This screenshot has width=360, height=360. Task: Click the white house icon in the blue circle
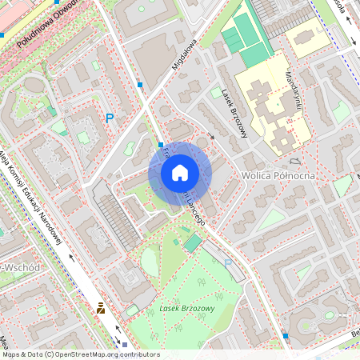point(180,173)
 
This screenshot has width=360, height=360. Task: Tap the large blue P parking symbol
point(110,118)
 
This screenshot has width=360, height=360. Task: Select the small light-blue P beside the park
point(227,262)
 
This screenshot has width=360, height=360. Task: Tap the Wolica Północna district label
point(277,175)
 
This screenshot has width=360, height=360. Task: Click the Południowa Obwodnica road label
point(48,24)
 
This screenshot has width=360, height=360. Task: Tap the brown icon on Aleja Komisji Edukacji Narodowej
point(101,308)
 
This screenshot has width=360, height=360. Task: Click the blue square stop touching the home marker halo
point(160,145)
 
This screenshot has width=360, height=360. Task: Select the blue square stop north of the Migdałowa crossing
point(140,84)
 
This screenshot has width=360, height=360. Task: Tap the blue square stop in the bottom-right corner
point(286,336)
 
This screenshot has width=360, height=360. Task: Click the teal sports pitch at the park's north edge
point(193,242)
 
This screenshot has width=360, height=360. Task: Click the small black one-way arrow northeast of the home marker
point(212,136)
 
